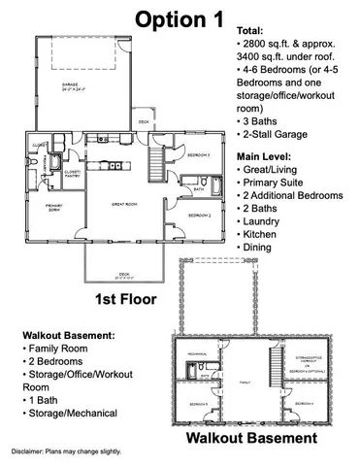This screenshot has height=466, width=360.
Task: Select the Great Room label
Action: pos(123,203)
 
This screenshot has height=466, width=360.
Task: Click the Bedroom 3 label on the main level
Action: pos(198,154)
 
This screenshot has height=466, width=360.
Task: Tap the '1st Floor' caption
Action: pos(128,297)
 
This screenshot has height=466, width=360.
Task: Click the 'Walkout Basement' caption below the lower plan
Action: pos(254,438)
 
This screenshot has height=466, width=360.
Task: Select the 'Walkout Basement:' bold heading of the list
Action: pos(64,334)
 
